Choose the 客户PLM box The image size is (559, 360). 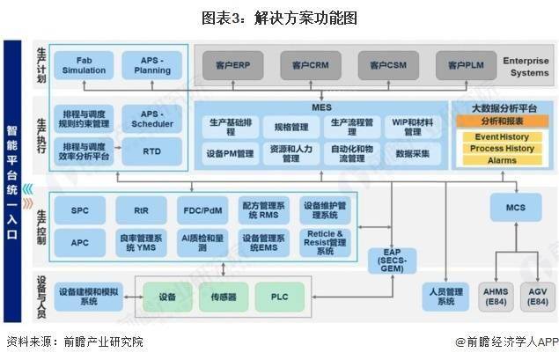pyautogui.click(x=460, y=64)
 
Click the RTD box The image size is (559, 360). pyautogui.click(x=151, y=152)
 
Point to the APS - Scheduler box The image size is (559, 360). pyautogui.click(x=151, y=118)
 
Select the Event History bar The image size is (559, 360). pyautogui.click(x=501, y=137)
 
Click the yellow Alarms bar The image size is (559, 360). pyautogui.click(x=501, y=160)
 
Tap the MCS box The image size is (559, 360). pyautogui.click(x=514, y=207)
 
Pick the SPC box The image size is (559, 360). pyautogui.click(x=79, y=210)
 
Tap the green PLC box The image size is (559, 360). pyautogui.click(x=279, y=297)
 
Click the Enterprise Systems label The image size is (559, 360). pyautogui.click(x=526, y=65)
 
